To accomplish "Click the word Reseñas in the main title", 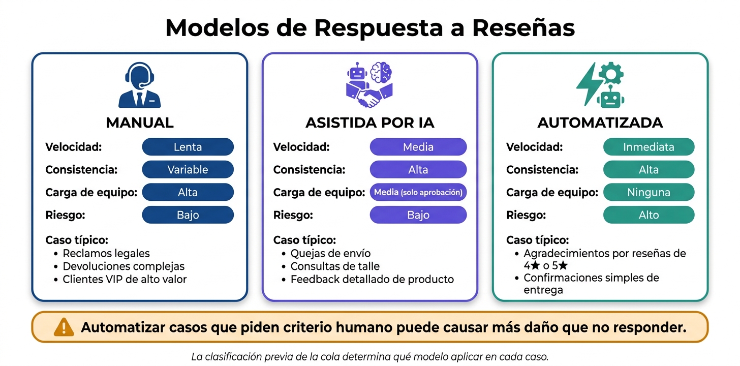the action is click(523, 28).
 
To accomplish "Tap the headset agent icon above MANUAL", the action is click(140, 85).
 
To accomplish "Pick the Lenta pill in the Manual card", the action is click(188, 147).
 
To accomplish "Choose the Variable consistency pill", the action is click(188, 169).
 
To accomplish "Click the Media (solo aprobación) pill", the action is click(418, 192).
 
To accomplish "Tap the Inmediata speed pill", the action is click(649, 147).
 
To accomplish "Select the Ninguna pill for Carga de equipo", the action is click(649, 192).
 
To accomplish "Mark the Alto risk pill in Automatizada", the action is click(649, 215).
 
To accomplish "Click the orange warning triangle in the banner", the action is click(64, 327).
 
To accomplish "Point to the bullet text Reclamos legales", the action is click(106, 253).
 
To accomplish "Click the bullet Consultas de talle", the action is click(335, 266).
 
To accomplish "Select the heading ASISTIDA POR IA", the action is click(369, 123).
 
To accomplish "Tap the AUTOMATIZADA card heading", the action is click(600, 123).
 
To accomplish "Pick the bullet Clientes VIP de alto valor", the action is click(125, 280).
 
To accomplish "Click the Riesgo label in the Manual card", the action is click(65, 215).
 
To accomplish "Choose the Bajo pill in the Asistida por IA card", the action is click(418, 215).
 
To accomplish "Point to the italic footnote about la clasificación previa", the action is click(369, 357).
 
